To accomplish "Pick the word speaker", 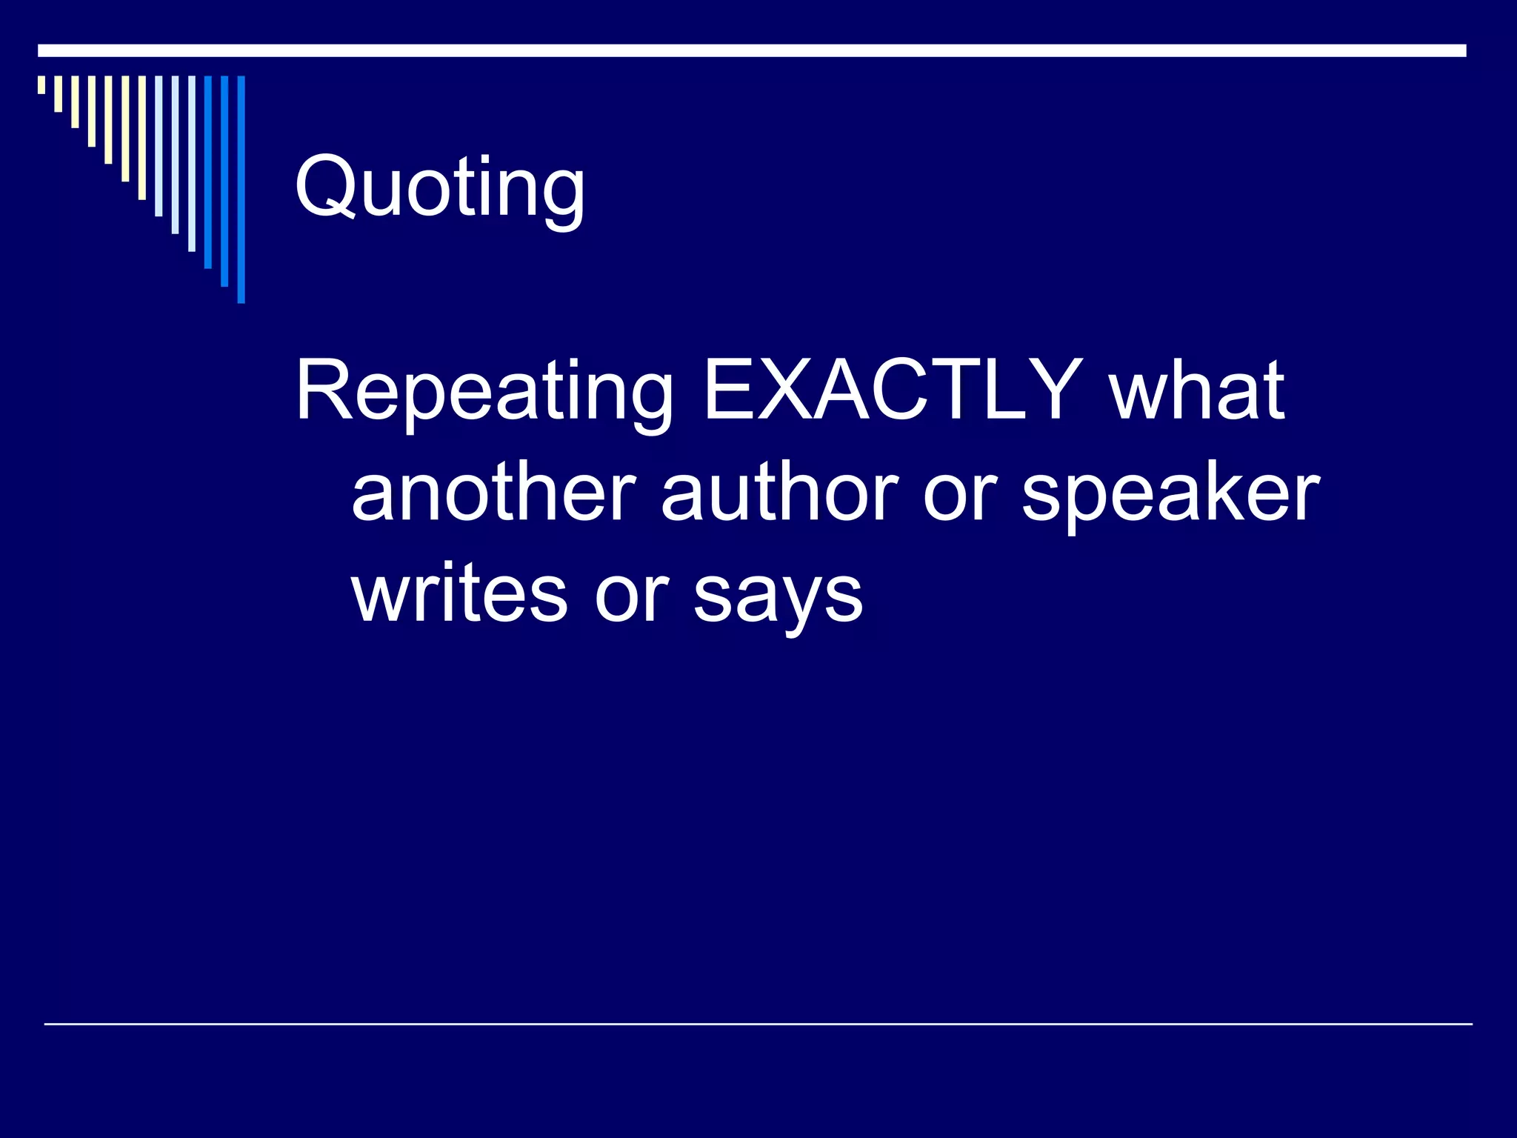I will (x=1170, y=495).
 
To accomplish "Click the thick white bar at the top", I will (x=752, y=50).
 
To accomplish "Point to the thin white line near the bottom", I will (x=758, y=1024).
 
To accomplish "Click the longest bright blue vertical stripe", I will (x=241, y=190).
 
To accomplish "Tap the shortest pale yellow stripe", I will (x=41, y=84).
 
